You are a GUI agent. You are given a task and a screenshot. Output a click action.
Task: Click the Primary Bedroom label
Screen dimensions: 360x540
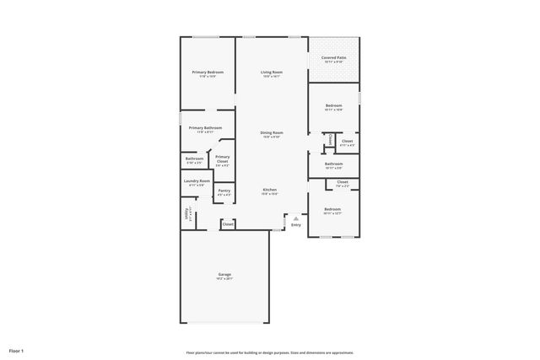click(x=207, y=73)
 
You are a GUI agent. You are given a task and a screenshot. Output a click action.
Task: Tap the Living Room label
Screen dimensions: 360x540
click(x=271, y=73)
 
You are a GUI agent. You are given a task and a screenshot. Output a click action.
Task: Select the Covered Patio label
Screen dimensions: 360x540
click(x=332, y=58)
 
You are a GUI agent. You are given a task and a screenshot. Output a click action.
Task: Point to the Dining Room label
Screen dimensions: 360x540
click(x=271, y=132)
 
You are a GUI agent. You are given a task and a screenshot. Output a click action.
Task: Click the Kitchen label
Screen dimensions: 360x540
click(x=269, y=190)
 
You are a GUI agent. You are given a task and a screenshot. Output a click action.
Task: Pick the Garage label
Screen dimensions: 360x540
click(x=224, y=274)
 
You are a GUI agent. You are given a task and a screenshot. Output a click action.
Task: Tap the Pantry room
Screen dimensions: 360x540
click(x=224, y=191)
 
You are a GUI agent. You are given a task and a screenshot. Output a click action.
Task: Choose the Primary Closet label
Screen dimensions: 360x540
click(x=222, y=159)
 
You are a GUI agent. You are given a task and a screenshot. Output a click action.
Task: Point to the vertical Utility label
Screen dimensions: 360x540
click(x=186, y=214)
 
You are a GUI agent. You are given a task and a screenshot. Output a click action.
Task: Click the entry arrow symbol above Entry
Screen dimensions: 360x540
click(x=295, y=218)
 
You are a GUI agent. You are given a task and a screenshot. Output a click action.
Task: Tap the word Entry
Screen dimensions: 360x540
click(x=295, y=225)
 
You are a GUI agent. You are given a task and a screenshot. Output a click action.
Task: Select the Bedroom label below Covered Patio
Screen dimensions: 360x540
click(x=333, y=105)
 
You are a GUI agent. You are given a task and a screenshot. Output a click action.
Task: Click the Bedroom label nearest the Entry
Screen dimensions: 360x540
click(x=332, y=209)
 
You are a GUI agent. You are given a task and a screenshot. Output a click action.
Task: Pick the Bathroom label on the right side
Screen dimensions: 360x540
click(x=333, y=164)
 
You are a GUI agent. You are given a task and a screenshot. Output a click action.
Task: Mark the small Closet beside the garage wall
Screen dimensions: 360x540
click(x=228, y=224)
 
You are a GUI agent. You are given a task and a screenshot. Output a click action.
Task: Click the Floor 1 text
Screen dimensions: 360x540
click(x=17, y=350)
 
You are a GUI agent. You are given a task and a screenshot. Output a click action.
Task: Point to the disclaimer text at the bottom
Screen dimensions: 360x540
click(x=269, y=352)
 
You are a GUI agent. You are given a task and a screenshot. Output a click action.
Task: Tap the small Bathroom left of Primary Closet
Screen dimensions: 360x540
click(x=194, y=159)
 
